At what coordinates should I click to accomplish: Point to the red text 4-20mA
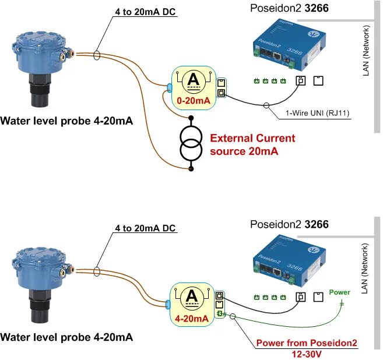[192, 318]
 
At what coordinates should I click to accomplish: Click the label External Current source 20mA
[252, 144]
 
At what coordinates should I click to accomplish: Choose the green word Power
[340, 292]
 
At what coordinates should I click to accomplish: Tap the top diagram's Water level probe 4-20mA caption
[66, 122]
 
